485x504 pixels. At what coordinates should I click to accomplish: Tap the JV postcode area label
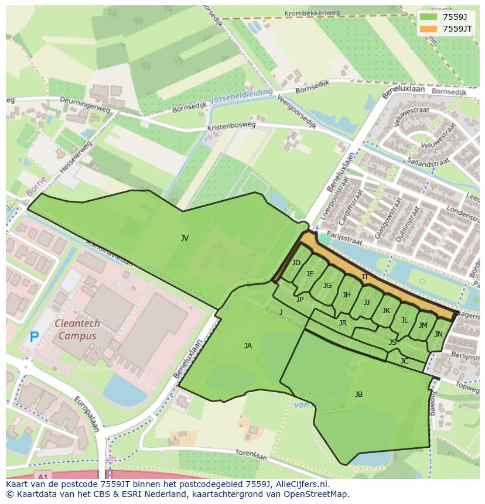(x=185, y=238)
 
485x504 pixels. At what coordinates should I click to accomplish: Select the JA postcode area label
(x=248, y=346)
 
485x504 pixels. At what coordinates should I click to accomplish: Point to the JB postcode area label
(x=358, y=395)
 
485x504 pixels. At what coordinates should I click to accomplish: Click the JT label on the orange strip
(x=365, y=277)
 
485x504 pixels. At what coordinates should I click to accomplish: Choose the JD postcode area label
(x=296, y=263)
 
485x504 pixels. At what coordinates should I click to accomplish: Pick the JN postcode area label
(x=438, y=334)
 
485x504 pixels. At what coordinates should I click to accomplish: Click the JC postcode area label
(x=404, y=361)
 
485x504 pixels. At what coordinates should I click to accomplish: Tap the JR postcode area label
(x=343, y=323)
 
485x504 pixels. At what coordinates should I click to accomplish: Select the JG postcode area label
(x=327, y=286)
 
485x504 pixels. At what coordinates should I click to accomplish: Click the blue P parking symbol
(x=35, y=337)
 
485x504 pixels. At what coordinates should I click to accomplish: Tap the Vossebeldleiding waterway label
(x=241, y=96)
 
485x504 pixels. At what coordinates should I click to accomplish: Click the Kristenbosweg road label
(x=231, y=126)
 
